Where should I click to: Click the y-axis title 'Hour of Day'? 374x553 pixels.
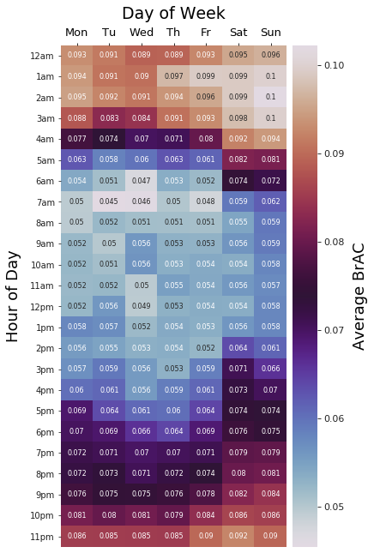[x=13, y=296]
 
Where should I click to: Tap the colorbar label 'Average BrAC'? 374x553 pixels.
[x=359, y=296]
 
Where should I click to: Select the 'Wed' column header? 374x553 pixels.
[x=142, y=33]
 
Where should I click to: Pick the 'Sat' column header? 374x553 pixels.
[x=238, y=33]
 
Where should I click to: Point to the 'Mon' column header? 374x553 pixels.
[x=76, y=33]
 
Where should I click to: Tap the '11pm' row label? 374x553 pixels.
[x=39, y=537]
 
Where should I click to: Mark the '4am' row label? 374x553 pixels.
[x=41, y=139]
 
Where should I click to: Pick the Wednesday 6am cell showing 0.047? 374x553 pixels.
[x=142, y=181]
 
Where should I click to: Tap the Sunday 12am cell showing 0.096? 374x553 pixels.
[x=270, y=55]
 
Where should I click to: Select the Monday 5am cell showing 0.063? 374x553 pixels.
[x=76, y=159]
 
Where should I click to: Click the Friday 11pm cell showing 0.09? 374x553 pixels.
[x=206, y=537]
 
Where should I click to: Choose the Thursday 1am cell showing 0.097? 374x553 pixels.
[x=173, y=76]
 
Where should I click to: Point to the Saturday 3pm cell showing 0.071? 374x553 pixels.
[x=238, y=369]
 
